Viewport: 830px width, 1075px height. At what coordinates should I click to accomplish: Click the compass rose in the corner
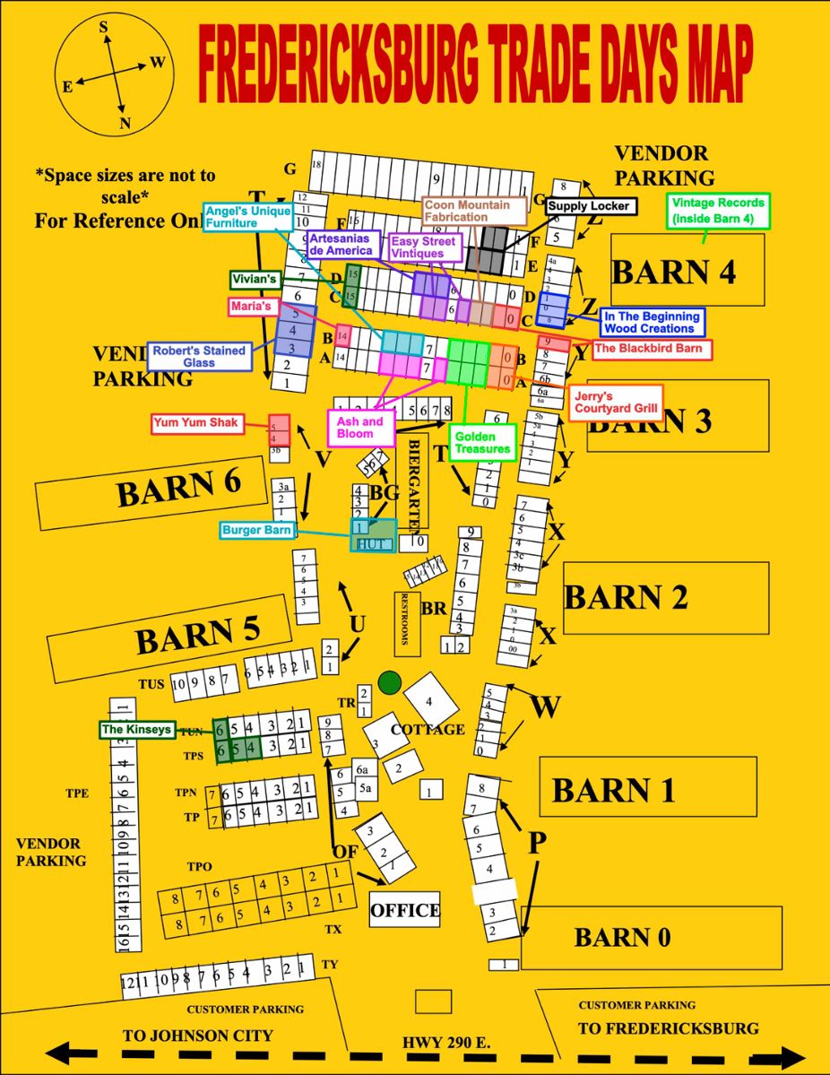(111, 75)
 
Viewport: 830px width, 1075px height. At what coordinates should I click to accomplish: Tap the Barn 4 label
(673, 271)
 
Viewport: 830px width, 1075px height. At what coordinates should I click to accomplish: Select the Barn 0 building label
(622, 938)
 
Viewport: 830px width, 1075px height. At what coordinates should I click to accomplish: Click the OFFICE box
(405, 911)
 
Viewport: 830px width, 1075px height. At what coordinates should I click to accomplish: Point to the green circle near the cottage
(388, 682)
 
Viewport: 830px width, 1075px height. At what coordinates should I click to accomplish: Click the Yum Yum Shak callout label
(198, 423)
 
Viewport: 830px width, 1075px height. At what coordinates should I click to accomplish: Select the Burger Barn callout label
(257, 530)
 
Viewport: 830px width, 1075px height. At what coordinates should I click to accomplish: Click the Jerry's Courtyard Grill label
(614, 403)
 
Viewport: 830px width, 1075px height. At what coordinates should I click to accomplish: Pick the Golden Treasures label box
(482, 443)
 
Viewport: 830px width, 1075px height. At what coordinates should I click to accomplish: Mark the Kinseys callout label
(136, 730)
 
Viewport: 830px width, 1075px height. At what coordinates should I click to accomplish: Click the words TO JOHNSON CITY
(197, 1036)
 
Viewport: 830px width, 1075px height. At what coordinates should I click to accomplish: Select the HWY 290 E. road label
(446, 1044)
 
